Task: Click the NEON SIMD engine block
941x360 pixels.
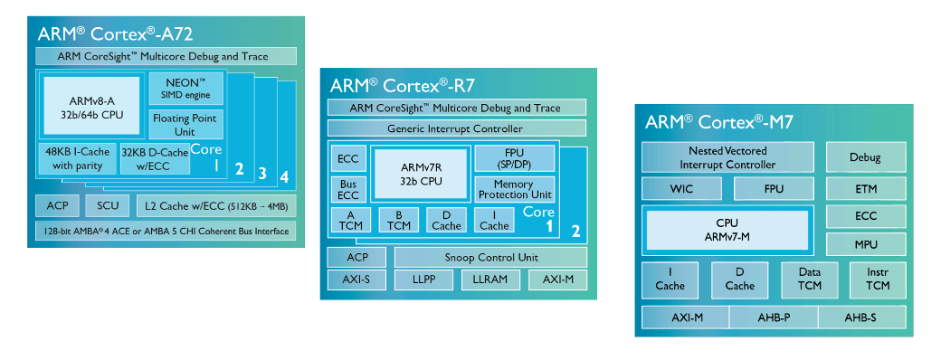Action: pos(185,89)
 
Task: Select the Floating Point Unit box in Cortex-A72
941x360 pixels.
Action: pos(185,124)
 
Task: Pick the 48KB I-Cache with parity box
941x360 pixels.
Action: pos(77,158)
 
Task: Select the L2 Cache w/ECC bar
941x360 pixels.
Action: pos(217,205)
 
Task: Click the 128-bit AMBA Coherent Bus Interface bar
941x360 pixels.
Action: pos(166,231)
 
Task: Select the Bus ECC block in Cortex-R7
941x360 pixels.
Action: pos(348,189)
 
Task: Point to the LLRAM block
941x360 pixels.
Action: pos(490,279)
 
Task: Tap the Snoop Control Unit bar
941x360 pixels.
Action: pos(490,257)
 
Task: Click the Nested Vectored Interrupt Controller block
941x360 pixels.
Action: pos(727,157)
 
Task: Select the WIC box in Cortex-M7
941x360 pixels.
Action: pos(680,189)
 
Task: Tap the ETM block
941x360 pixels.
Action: pos(865,189)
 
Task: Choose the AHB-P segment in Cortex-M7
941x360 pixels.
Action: pos(772,317)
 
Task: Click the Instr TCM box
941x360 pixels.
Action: pos(878,279)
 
